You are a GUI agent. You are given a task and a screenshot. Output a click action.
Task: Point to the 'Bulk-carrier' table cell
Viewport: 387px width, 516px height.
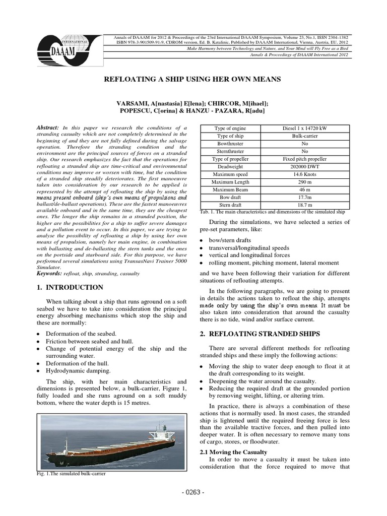click(x=302, y=136)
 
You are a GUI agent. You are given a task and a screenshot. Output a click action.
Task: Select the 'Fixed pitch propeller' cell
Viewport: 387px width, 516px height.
click(x=302, y=158)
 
